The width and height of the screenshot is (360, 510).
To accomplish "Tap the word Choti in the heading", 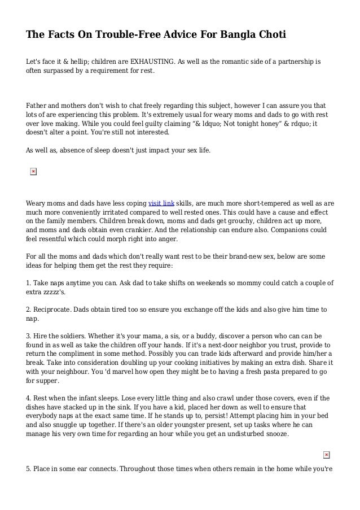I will [269, 35].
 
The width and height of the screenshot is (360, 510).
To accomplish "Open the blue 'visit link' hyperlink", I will [161, 203].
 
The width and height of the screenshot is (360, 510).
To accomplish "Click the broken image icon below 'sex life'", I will [33, 172].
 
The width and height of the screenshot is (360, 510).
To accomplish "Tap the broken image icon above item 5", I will [326, 455].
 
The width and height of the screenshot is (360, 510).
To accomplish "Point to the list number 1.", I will [28, 282].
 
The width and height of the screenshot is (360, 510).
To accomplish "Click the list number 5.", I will [28, 469].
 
